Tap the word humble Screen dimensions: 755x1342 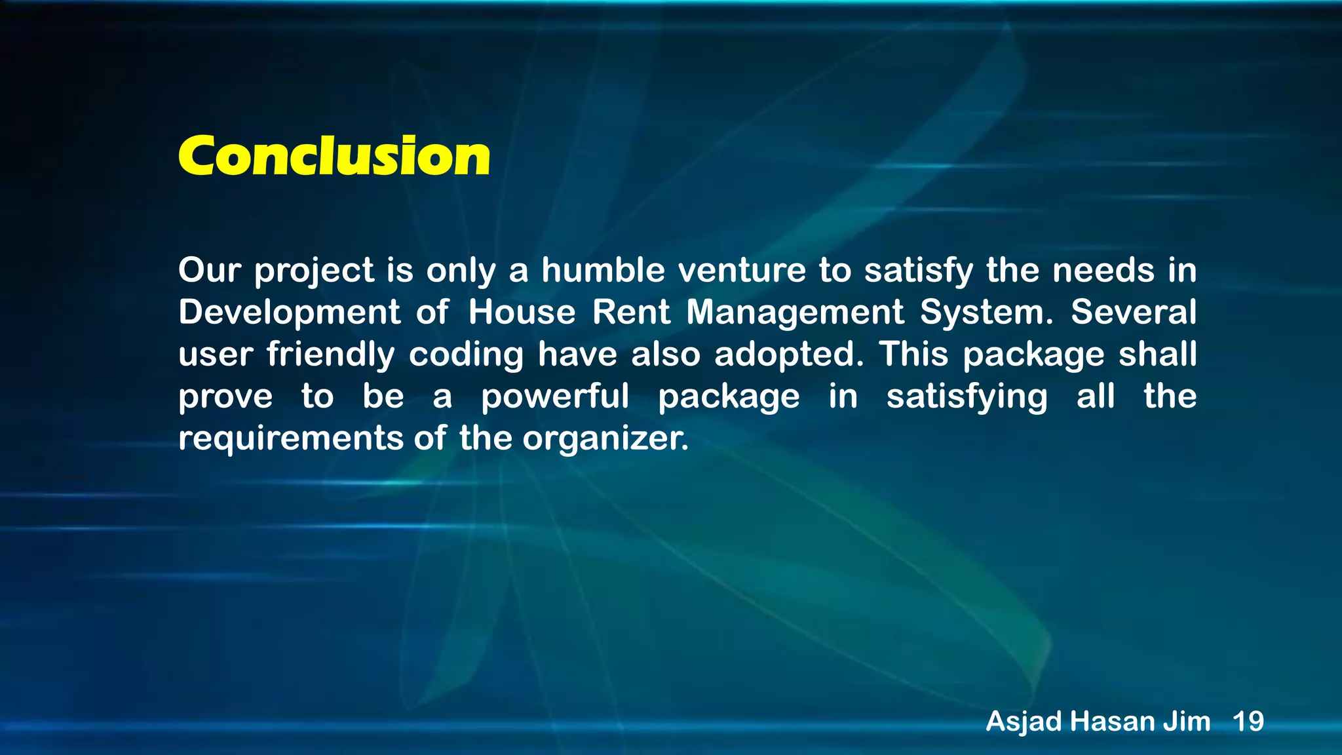(x=603, y=270)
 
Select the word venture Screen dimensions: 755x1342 (x=742, y=270)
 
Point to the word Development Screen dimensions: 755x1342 (x=289, y=313)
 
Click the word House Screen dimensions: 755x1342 (x=522, y=312)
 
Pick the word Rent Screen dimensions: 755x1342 (x=631, y=312)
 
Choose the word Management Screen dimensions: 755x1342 (x=795, y=313)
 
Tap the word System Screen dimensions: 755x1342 (x=986, y=313)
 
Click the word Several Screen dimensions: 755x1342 (x=1133, y=312)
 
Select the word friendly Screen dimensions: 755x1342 (x=330, y=355)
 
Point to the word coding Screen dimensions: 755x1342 (x=466, y=355)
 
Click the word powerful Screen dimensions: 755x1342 (x=555, y=397)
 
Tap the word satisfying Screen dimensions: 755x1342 (x=967, y=397)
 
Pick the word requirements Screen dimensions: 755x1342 (x=290, y=438)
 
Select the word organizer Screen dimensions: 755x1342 (x=605, y=438)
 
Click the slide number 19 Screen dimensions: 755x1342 (x=1248, y=722)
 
